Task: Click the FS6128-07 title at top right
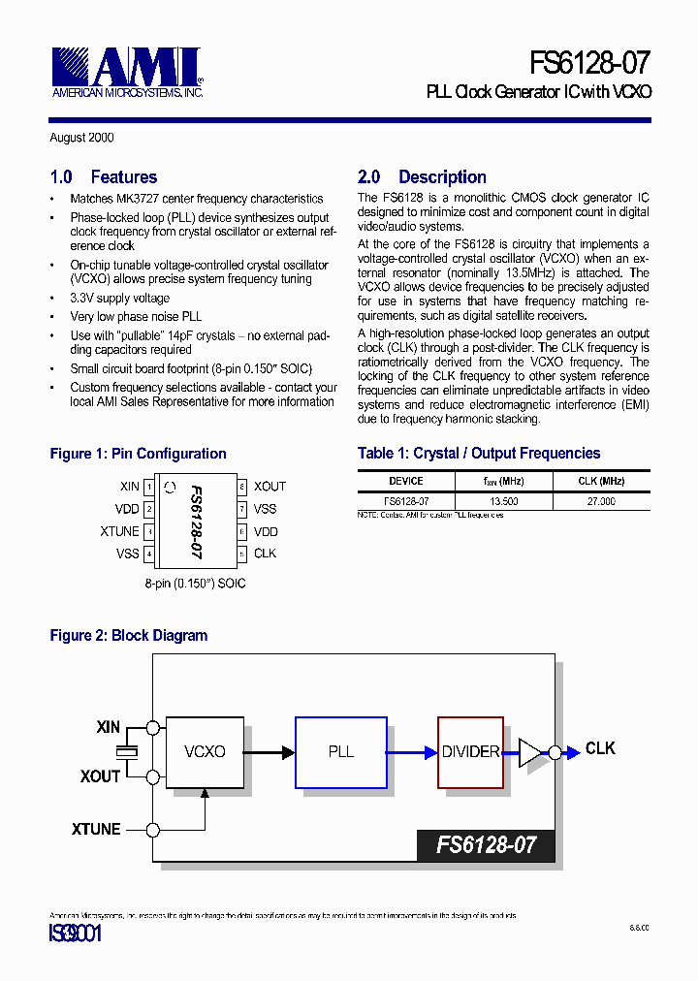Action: click(x=589, y=64)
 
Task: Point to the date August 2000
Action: click(x=81, y=138)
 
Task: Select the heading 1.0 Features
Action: click(x=103, y=177)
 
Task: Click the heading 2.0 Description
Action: click(x=422, y=177)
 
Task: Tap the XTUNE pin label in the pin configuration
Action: click(x=119, y=531)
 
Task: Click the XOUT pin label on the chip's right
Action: click(x=270, y=487)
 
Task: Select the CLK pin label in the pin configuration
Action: click(x=265, y=554)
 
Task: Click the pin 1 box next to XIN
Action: click(x=149, y=487)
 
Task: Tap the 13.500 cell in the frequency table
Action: click(x=503, y=502)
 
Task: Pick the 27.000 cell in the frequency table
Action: click(x=601, y=502)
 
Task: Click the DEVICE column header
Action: click(x=406, y=481)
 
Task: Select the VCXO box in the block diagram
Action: click(x=205, y=752)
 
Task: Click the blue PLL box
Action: click(x=340, y=752)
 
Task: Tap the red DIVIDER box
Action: click(x=470, y=752)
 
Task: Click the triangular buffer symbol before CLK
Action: click(x=532, y=751)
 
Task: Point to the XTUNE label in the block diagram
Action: click(x=96, y=830)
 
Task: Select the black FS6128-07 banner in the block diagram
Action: click(x=486, y=844)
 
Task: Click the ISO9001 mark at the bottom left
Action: click(x=75, y=934)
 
